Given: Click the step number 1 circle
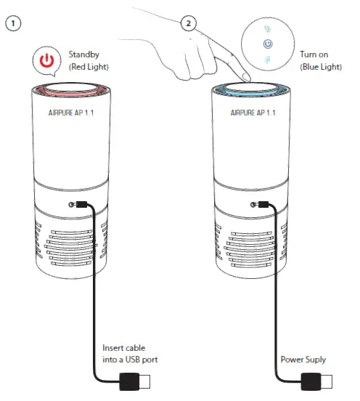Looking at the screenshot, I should click(x=13, y=24).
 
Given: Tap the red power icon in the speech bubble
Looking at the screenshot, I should click(x=47, y=61).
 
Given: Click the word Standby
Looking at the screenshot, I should click(x=84, y=54).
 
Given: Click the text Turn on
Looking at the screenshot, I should click(x=314, y=54).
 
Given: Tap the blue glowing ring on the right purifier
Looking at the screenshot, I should click(x=252, y=94).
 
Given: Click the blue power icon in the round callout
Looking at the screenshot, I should click(x=268, y=44).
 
